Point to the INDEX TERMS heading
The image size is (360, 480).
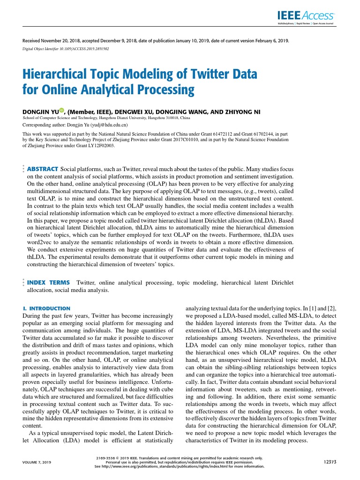click(49, 283)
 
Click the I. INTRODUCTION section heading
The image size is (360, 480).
click(46, 308)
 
